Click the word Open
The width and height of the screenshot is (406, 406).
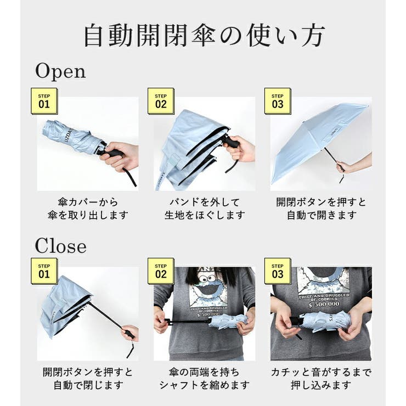click(60, 71)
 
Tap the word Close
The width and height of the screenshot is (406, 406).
click(61, 246)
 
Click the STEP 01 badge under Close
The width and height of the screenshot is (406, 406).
click(44, 270)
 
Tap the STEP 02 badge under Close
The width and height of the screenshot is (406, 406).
click(161, 270)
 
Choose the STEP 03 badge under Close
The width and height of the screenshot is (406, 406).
click(278, 270)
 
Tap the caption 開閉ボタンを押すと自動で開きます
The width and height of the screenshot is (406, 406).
click(321, 208)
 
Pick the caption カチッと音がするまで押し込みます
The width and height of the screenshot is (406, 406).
click(321, 379)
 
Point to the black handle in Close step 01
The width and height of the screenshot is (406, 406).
click(128, 333)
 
